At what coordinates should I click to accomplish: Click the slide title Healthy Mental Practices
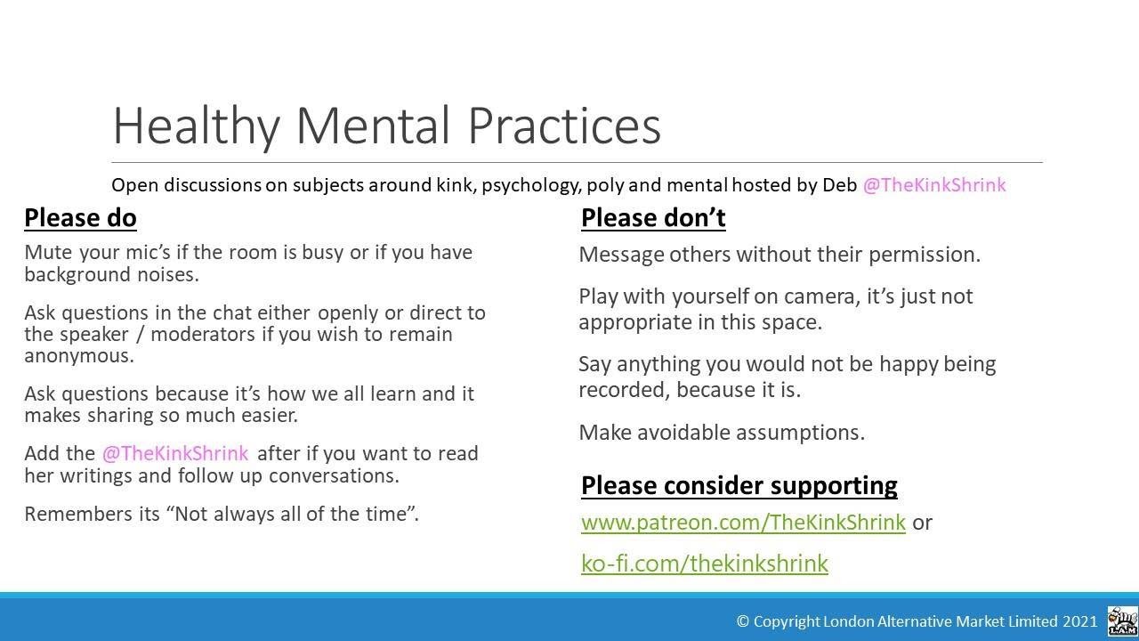click(386, 126)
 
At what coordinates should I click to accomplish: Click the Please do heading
click(80, 218)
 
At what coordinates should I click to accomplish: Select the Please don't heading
click(653, 218)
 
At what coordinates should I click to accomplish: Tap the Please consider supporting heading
click(739, 485)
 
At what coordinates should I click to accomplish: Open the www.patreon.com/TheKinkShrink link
click(743, 523)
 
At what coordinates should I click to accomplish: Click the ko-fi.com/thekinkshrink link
click(704, 564)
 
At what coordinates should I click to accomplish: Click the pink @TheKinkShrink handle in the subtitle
click(934, 185)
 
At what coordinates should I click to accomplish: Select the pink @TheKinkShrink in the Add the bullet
click(175, 453)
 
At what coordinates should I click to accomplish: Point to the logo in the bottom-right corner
click(1122, 621)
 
